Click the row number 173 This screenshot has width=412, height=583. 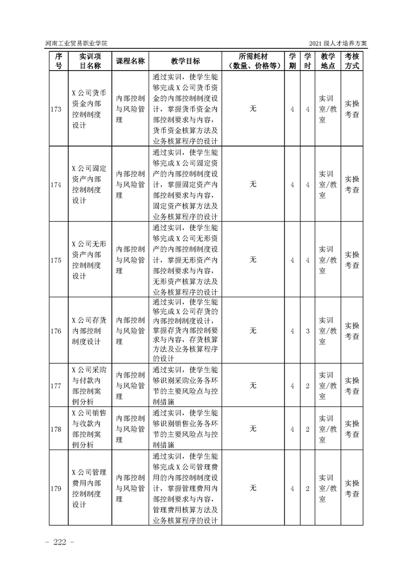point(57,109)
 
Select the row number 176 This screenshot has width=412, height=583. point(57,330)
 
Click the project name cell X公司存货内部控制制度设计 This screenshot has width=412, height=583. point(89,330)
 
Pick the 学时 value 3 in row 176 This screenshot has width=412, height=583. point(308,330)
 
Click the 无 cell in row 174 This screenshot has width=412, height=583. point(253,184)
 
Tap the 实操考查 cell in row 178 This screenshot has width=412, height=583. point(352,429)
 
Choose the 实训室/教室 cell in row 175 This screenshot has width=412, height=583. point(328,259)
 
